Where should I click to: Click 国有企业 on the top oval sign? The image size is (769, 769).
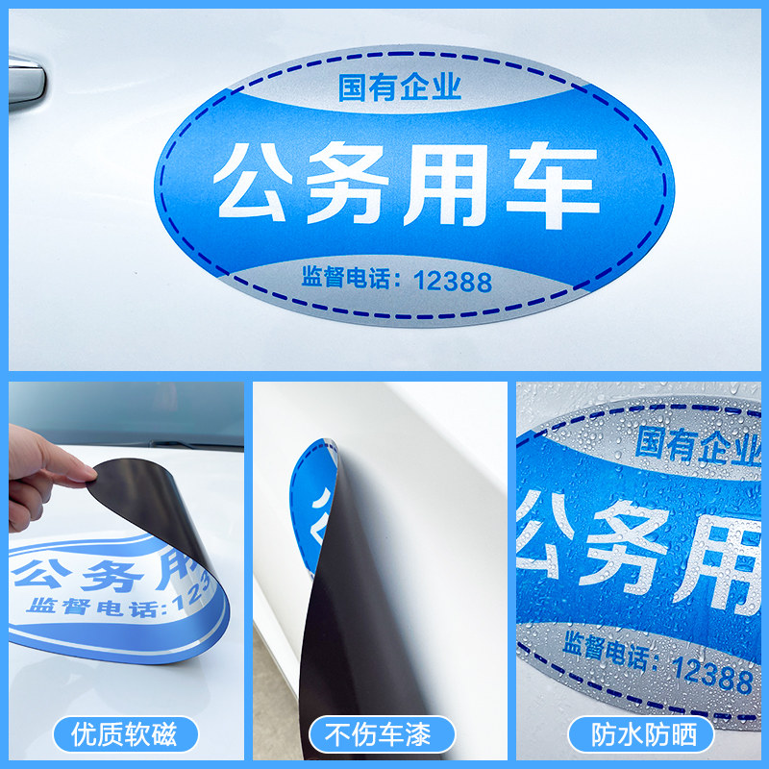click(400, 88)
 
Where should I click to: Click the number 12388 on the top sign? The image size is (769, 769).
click(453, 281)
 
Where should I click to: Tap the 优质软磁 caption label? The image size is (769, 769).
click(126, 735)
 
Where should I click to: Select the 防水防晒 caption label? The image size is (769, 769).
click(640, 735)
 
